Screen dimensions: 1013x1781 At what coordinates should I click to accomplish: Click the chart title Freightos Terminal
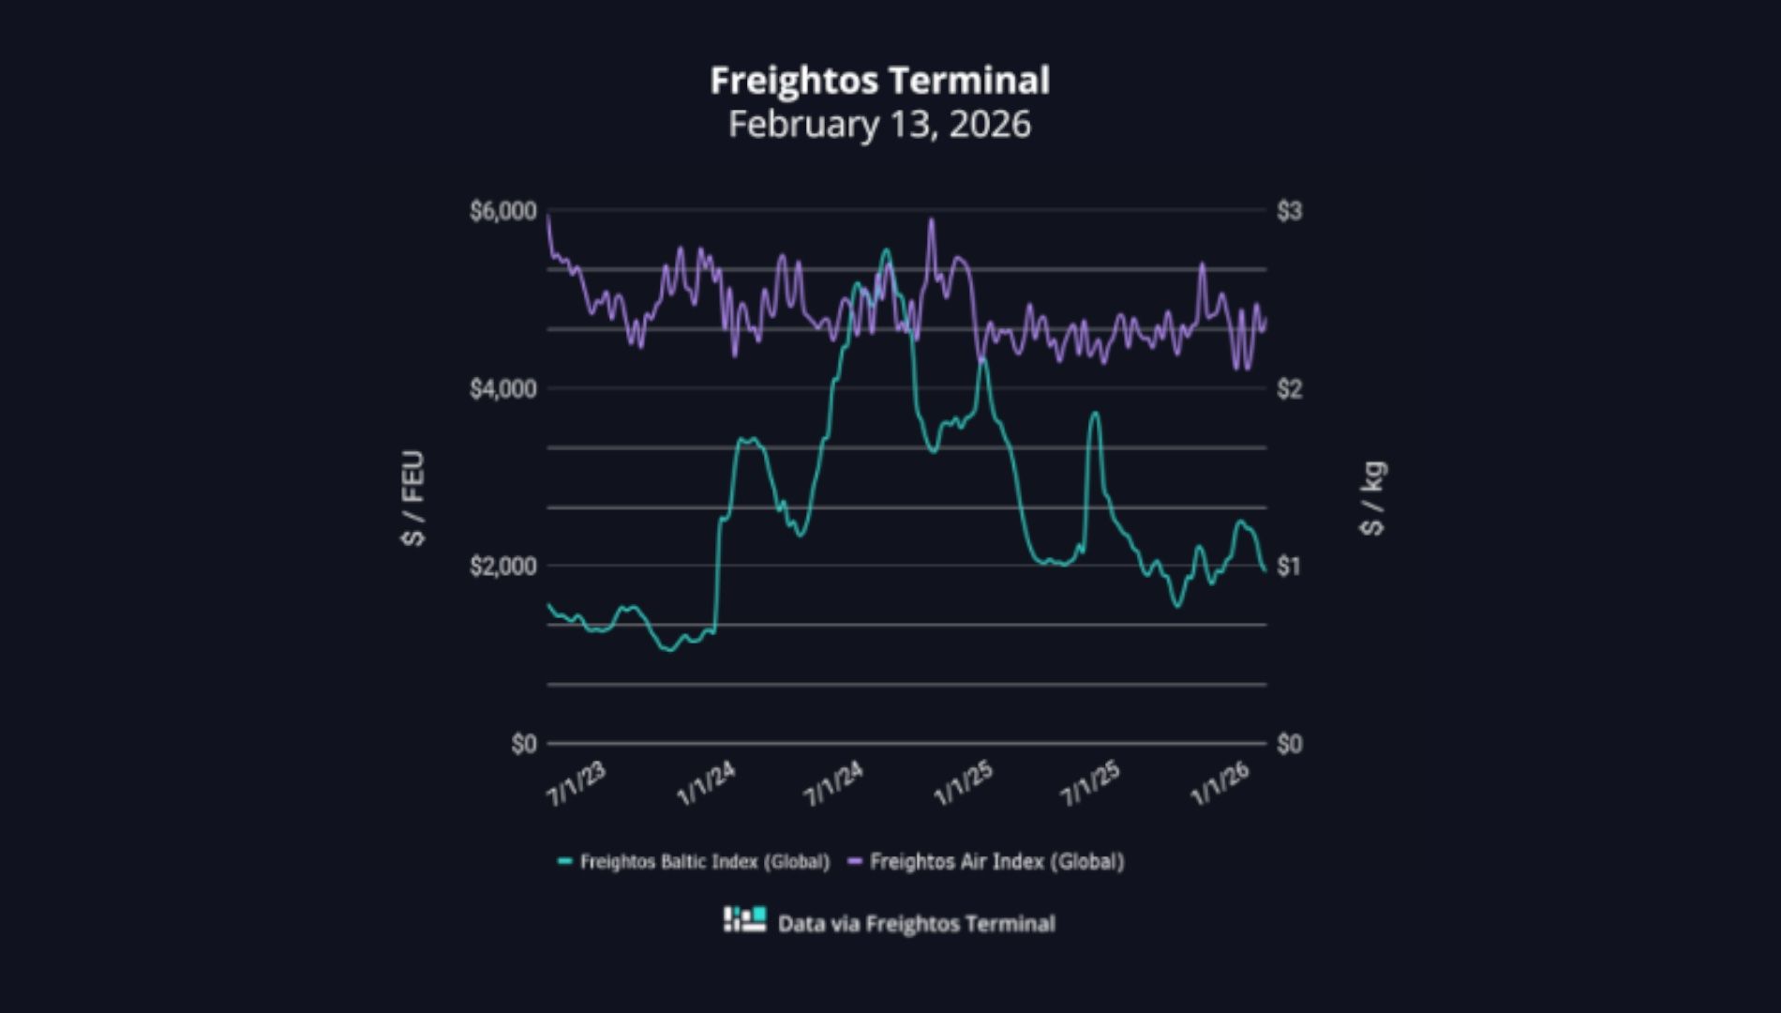coord(879,81)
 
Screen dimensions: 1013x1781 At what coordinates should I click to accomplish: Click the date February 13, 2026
coord(879,124)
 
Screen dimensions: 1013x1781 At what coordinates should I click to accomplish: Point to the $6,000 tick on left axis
coord(503,211)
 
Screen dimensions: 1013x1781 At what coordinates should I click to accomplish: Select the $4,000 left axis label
coord(503,388)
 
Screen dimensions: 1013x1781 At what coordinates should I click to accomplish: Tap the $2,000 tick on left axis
coord(503,566)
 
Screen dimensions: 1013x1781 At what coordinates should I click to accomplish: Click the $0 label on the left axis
coord(524,744)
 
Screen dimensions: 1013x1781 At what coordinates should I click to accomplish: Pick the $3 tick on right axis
coord(1289,211)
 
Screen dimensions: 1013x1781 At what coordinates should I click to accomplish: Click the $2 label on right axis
coord(1289,388)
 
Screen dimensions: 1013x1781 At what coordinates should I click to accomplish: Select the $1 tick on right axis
coord(1289,566)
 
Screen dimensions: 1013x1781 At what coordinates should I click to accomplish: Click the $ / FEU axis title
coord(413,498)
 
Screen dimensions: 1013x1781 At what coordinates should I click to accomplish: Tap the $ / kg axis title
coord(1372,498)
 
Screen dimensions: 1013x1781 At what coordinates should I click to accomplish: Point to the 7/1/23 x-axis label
coord(576,784)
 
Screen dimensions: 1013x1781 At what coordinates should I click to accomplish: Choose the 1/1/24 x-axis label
coord(706,784)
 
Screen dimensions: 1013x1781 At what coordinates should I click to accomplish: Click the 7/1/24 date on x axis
coord(833,784)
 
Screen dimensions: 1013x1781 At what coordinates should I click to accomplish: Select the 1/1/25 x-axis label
coord(963,784)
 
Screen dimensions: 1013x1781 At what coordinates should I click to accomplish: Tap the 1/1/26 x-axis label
coord(1220,784)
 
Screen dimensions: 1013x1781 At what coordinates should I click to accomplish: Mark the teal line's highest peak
coord(886,250)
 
